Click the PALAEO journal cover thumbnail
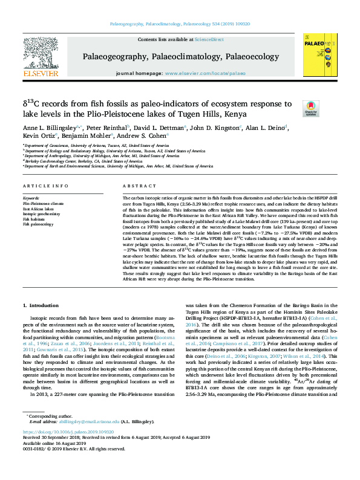click(318, 56)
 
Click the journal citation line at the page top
click(180, 25)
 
